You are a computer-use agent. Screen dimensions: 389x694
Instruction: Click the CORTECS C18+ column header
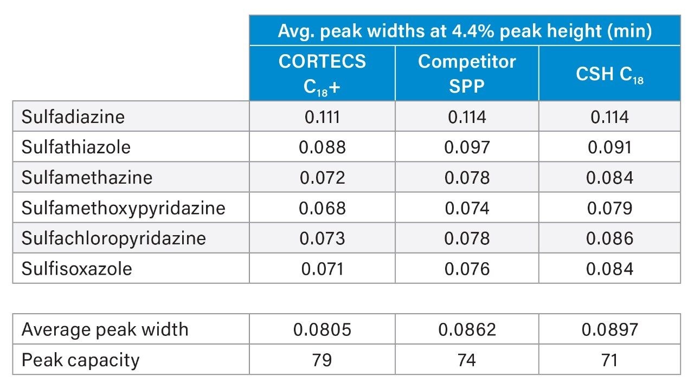[322, 74]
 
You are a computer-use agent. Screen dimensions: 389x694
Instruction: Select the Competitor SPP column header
[467, 74]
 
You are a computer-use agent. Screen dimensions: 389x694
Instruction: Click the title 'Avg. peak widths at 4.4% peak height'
[465, 31]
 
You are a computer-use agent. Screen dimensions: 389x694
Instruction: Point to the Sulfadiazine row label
[73, 116]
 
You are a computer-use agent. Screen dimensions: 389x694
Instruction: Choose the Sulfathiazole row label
[76, 147]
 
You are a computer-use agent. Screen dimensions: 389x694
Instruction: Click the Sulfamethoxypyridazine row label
[123, 208]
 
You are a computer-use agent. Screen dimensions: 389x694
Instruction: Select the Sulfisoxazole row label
[76, 268]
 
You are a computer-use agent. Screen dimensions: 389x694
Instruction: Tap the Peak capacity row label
[80, 360]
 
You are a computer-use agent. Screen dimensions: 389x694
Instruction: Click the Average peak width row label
[105, 329]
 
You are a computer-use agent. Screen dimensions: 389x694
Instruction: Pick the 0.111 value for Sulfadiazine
[322, 116]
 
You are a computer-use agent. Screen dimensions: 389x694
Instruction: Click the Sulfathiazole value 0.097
[467, 147]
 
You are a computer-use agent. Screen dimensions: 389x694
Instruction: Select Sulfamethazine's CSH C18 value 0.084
[609, 177]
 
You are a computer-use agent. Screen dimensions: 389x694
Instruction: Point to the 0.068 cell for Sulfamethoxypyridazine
[322, 208]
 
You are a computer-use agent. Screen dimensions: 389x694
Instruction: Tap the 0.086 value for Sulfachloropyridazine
[609, 238]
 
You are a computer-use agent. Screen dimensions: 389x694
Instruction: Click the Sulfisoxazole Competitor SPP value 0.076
[467, 268]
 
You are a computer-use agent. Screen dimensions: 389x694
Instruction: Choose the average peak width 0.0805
[322, 329]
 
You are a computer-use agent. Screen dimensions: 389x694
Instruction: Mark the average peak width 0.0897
[609, 329]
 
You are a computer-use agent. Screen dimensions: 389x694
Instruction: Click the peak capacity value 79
[322, 360]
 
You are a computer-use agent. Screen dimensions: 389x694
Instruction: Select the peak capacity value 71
[609, 360]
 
